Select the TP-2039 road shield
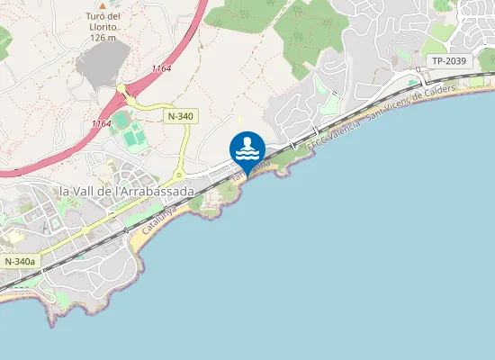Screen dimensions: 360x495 tap(448, 61)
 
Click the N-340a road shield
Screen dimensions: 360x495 tap(20, 261)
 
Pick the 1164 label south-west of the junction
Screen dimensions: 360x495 tap(101, 122)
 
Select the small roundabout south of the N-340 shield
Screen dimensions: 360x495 tap(179, 173)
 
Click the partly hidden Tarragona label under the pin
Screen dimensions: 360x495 tap(249, 170)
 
